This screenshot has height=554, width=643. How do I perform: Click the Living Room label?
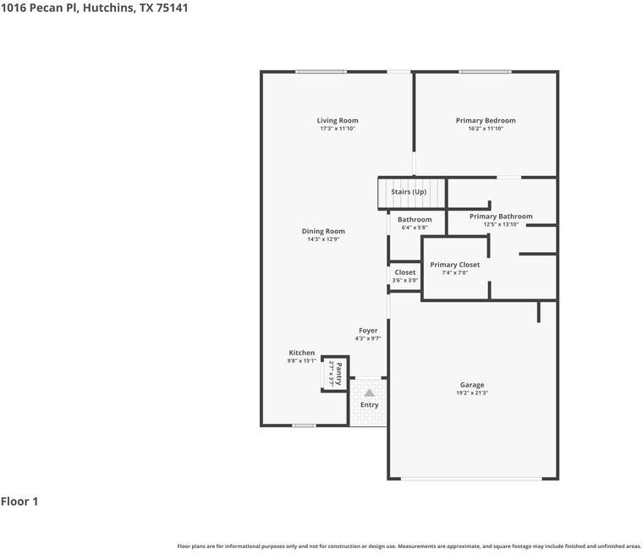click(338, 121)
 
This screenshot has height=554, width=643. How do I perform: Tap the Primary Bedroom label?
click(486, 121)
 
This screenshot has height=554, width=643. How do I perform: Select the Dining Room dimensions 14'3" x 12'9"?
click(323, 239)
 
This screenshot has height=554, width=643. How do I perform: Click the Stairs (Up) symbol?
click(410, 192)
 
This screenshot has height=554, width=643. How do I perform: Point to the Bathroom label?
click(415, 220)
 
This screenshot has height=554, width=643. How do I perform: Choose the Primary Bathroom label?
click(501, 217)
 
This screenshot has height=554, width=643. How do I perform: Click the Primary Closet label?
click(454, 265)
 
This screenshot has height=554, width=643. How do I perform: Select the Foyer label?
click(368, 331)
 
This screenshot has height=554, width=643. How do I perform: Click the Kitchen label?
click(302, 353)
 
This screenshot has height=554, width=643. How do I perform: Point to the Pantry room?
click(335, 373)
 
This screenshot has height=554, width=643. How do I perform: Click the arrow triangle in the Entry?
click(369, 392)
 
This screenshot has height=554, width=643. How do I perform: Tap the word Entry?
click(370, 405)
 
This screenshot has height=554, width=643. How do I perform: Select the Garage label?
click(472, 385)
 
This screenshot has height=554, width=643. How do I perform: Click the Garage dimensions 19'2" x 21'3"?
click(472, 393)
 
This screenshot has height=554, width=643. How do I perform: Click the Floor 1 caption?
click(19, 502)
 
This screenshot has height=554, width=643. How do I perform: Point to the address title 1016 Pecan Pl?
click(94, 8)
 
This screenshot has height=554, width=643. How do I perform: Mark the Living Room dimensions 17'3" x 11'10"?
click(338, 129)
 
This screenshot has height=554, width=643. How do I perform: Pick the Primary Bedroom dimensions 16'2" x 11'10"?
click(486, 129)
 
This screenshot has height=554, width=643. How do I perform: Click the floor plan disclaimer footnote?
click(409, 546)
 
